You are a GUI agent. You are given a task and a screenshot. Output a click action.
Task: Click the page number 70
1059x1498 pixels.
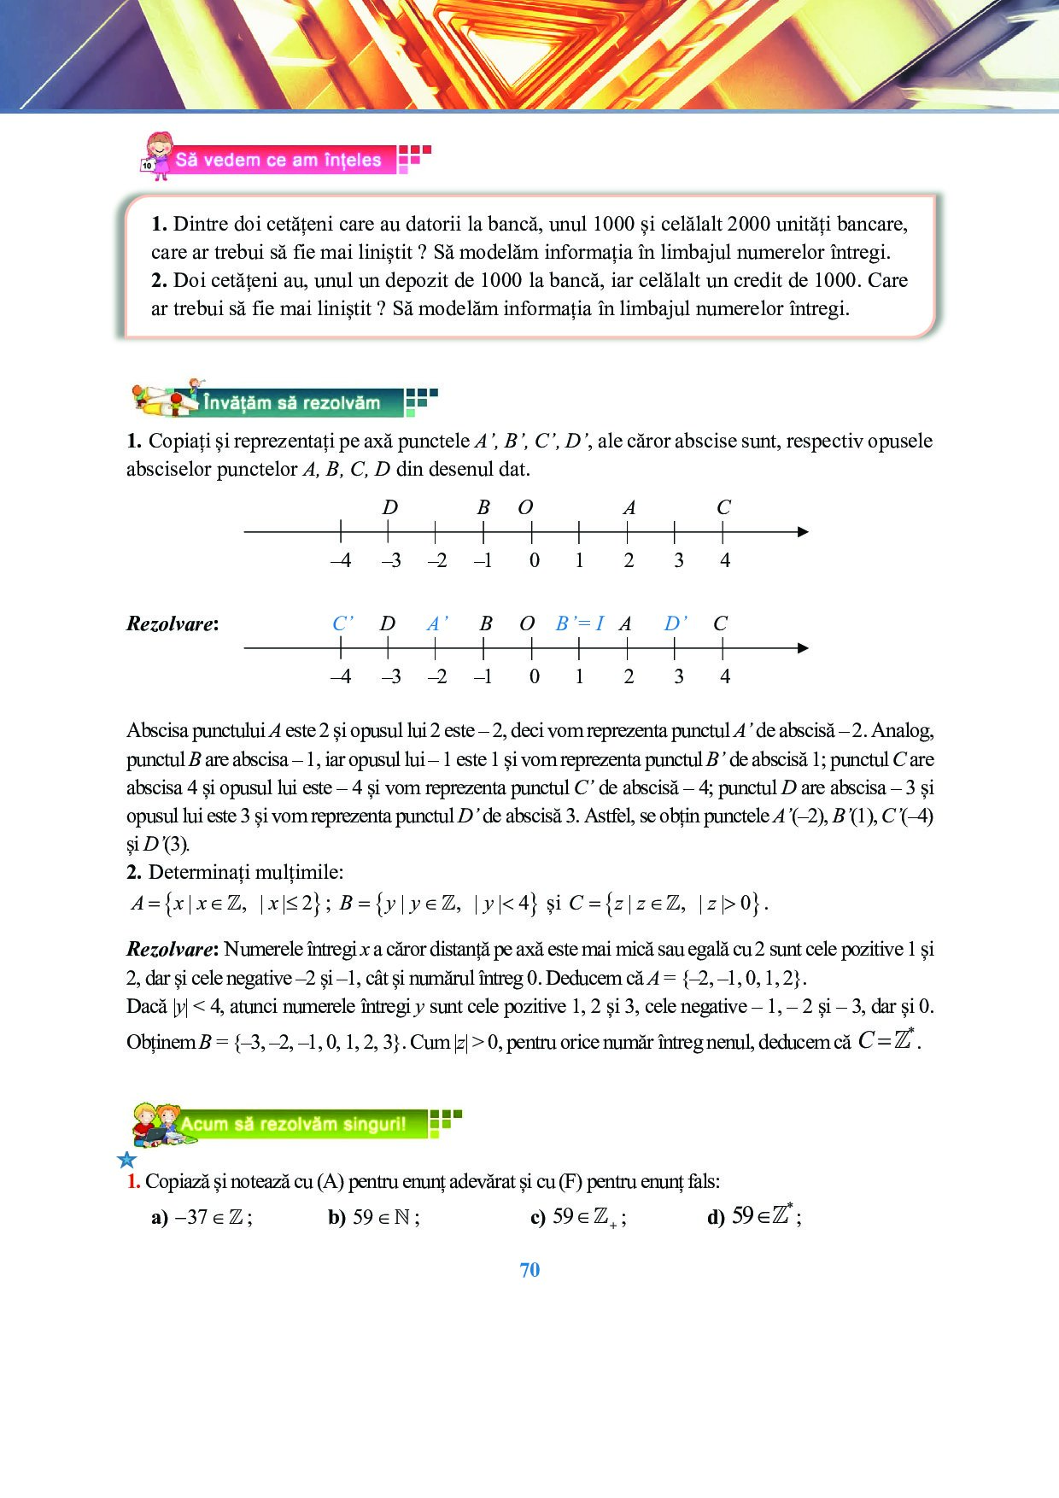(529, 1270)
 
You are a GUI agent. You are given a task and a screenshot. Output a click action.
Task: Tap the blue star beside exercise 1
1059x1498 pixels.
(127, 1160)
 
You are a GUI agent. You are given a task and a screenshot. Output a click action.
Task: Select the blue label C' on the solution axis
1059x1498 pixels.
(342, 623)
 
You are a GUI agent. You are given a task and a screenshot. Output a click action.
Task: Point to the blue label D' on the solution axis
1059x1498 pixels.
(676, 623)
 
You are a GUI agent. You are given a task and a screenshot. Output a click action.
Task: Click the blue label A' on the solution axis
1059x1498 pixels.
(437, 623)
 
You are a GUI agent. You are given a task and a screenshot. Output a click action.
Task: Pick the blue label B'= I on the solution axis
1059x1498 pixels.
(579, 623)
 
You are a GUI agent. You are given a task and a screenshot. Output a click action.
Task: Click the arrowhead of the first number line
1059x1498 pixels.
(802, 532)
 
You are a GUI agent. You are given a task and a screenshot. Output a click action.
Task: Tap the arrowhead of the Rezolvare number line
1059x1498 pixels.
(802, 648)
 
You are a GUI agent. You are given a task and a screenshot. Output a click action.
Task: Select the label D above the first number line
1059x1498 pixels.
(389, 507)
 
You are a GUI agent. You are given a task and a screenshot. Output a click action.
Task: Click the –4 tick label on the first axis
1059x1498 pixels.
(340, 561)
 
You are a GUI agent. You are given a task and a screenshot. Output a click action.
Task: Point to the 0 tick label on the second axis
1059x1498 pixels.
(534, 677)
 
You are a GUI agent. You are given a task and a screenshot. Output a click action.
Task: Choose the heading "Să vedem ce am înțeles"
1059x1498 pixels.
(278, 160)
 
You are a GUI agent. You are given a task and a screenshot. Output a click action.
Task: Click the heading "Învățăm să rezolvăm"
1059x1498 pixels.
(291, 403)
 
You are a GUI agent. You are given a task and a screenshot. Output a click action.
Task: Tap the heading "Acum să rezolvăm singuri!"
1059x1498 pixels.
(293, 1124)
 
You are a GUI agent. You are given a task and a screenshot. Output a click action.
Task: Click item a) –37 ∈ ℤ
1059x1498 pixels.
(202, 1217)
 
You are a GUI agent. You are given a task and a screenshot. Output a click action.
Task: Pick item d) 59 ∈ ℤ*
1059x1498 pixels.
(754, 1216)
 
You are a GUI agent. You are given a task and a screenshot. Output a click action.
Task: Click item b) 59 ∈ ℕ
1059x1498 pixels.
(374, 1217)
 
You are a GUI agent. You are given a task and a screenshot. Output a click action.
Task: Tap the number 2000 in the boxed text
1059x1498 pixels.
(747, 224)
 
